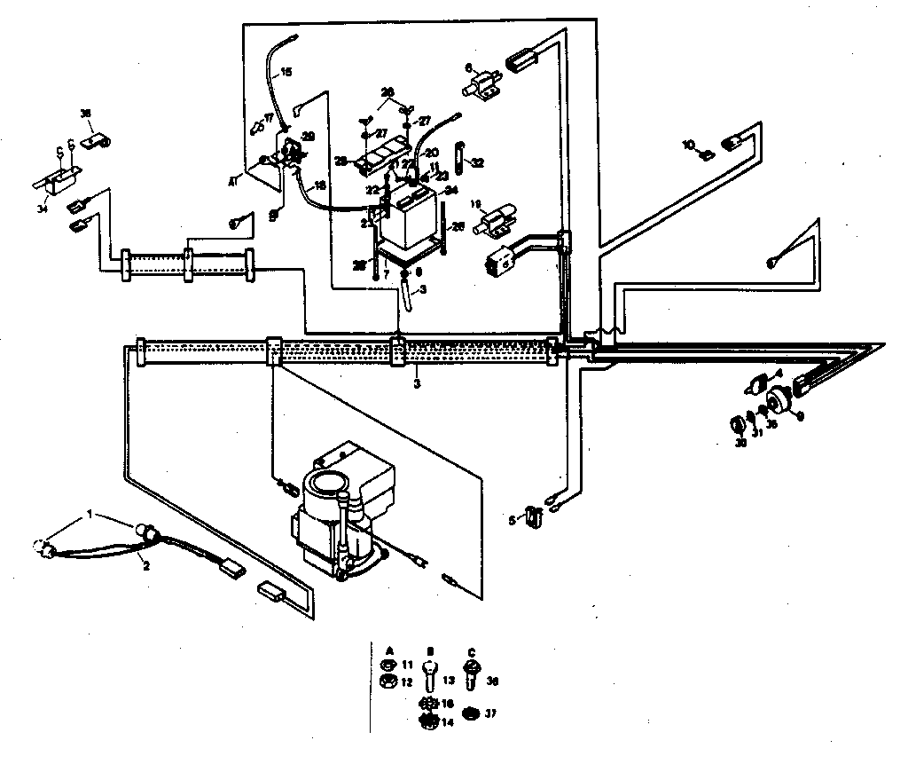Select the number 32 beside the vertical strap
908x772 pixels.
click(x=478, y=163)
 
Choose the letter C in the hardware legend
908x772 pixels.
click(x=470, y=648)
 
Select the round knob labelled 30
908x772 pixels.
click(x=736, y=422)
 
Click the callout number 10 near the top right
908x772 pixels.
click(x=687, y=143)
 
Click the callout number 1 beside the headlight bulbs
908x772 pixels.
click(x=89, y=514)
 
